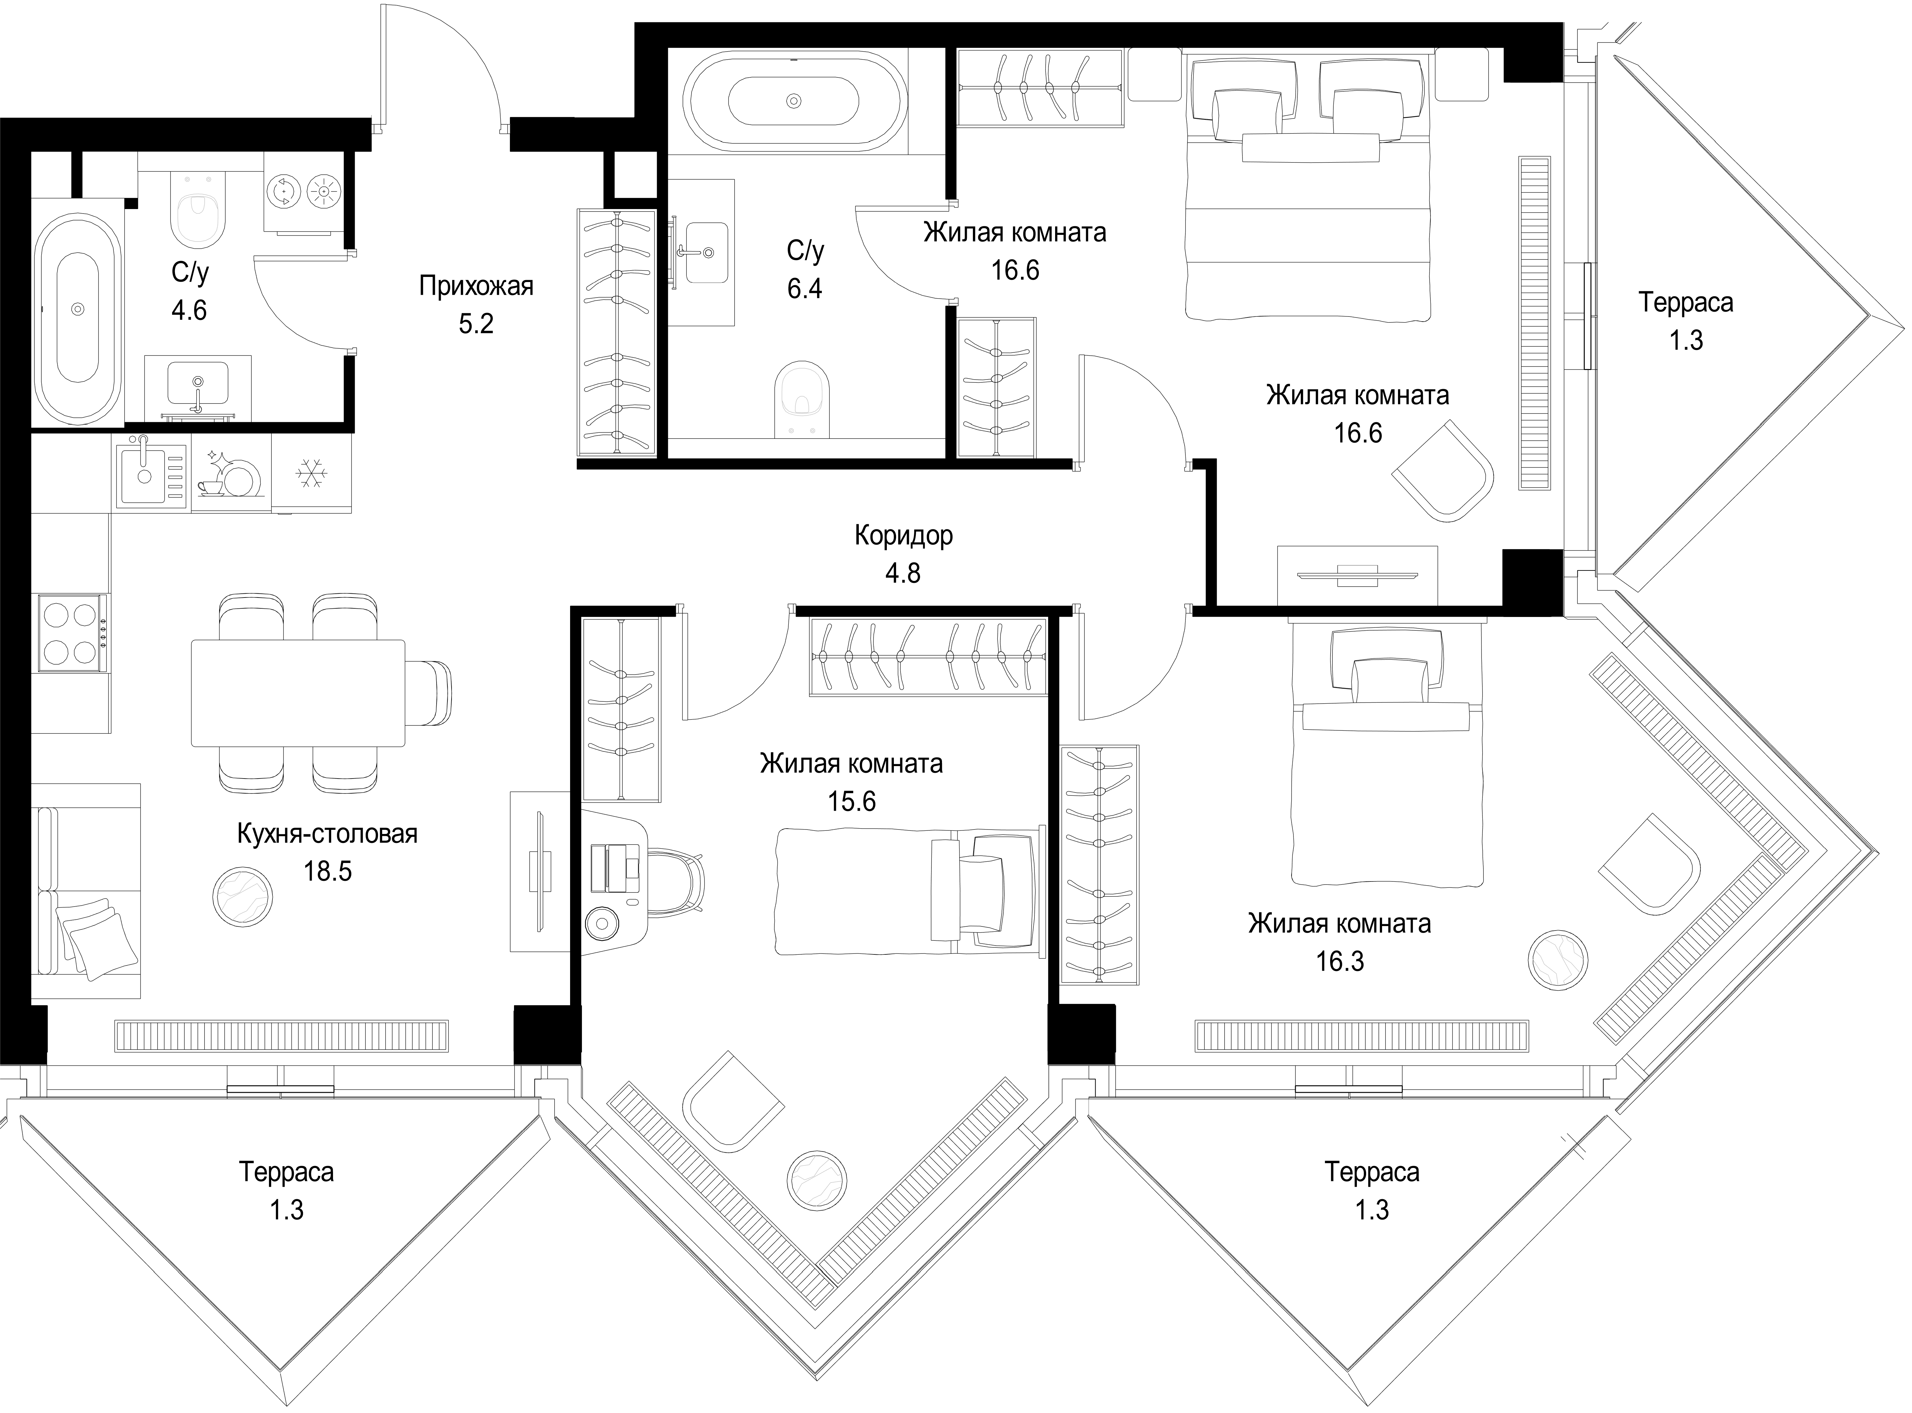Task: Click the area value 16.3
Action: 1340,961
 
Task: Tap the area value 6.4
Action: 805,288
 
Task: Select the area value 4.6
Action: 189,310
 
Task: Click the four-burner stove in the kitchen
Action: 72,633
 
